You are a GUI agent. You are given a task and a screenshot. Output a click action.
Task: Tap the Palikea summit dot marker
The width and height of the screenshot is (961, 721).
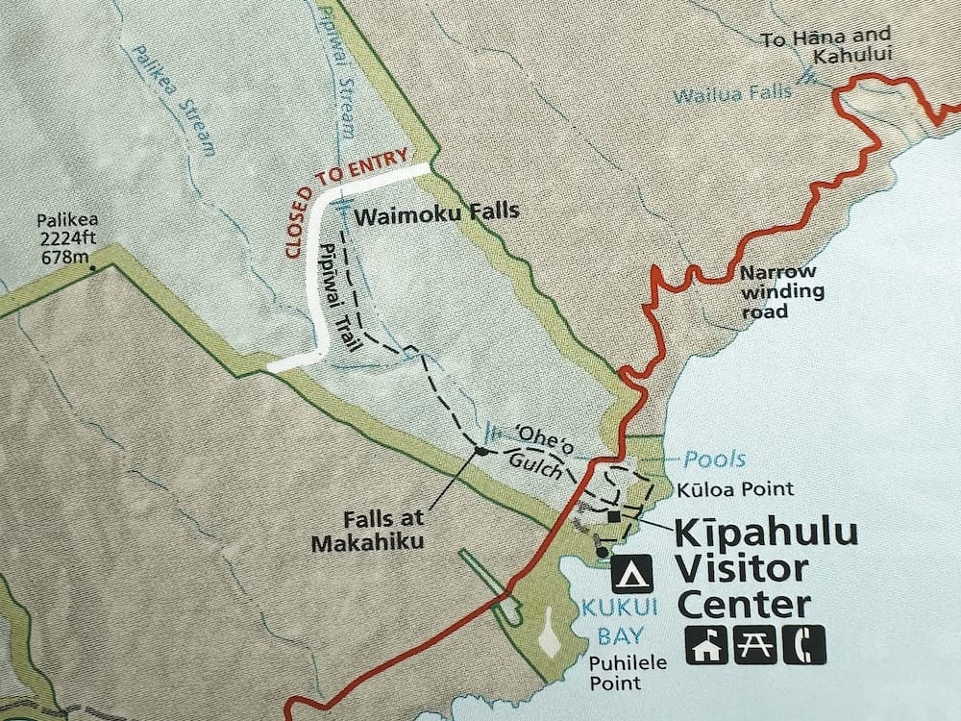pyautogui.click(x=93, y=269)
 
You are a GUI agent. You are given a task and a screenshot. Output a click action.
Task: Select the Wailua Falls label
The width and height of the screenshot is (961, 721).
pyautogui.click(x=732, y=94)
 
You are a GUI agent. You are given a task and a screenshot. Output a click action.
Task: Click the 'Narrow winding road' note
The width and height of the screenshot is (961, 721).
pyautogui.click(x=779, y=291)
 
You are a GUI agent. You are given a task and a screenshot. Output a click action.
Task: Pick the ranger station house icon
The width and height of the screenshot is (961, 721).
pyautogui.click(x=704, y=645)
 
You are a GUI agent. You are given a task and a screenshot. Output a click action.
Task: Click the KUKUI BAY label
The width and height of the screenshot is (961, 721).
pyautogui.click(x=604, y=619)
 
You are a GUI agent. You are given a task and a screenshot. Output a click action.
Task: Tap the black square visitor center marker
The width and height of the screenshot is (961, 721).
pyautogui.click(x=614, y=517)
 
